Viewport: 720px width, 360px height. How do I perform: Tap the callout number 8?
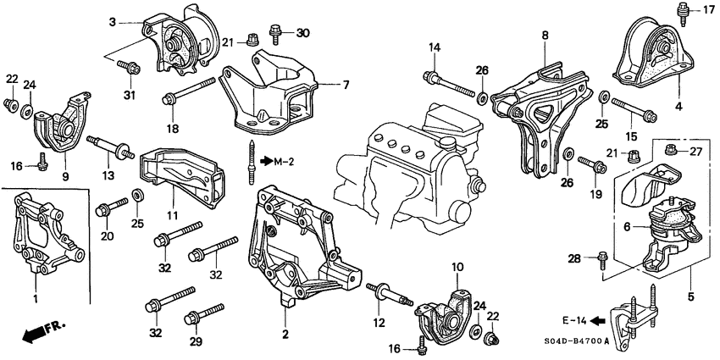point(545,35)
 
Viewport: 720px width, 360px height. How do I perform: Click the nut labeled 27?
point(670,152)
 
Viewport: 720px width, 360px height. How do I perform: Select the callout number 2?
point(286,334)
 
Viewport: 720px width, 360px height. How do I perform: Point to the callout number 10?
point(458,267)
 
